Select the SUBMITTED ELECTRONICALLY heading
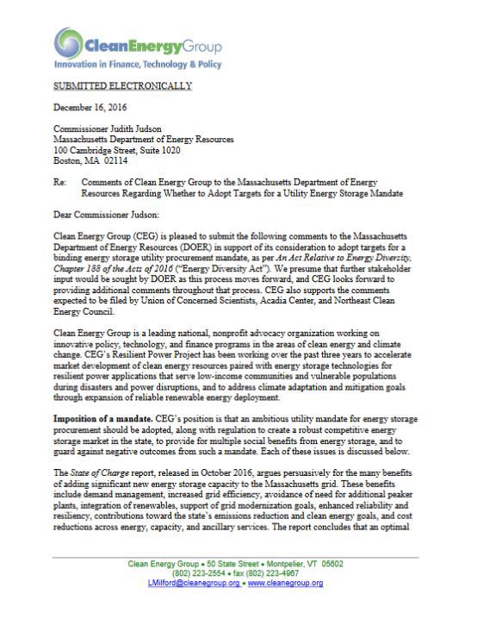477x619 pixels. click(122, 86)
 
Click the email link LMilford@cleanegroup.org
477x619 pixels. click(198, 584)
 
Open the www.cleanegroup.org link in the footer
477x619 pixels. click(285, 584)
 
